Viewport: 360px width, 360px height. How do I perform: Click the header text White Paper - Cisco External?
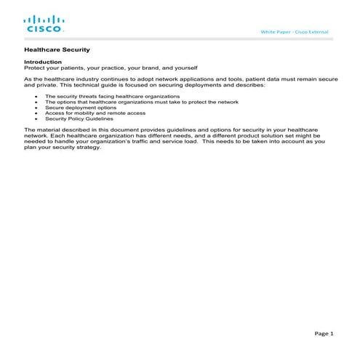294,33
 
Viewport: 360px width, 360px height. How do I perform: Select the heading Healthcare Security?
57,50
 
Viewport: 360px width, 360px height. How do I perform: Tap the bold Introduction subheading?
43,63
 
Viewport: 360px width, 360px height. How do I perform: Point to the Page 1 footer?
324,333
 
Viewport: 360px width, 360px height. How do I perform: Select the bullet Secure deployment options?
80,108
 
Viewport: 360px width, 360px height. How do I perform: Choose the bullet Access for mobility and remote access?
95,113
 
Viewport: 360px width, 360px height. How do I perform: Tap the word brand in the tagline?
143,68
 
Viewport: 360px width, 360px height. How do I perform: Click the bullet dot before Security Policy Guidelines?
36,119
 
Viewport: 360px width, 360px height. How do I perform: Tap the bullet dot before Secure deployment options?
36,108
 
